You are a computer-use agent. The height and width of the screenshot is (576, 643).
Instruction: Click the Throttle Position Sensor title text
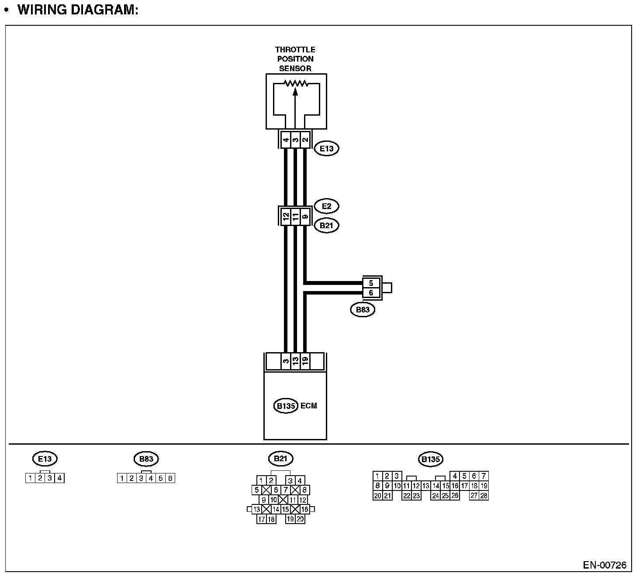(295, 59)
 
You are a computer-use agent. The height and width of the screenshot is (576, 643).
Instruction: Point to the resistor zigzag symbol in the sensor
(296, 83)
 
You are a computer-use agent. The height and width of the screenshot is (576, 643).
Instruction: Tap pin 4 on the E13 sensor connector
(286, 140)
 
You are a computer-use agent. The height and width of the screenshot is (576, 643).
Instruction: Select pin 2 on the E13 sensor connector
(305, 140)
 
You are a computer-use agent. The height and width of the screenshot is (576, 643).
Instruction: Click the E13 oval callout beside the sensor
(326, 148)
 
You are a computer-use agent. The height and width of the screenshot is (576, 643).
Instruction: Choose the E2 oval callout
(326, 206)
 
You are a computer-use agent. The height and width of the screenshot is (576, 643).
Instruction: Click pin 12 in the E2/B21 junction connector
(286, 216)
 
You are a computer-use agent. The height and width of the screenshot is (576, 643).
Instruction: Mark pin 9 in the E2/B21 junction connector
(305, 216)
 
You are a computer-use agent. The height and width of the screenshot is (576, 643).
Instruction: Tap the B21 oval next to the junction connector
(326, 226)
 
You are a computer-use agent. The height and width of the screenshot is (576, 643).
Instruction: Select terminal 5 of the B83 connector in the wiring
(371, 283)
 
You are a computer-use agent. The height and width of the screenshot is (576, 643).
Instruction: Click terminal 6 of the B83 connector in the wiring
(371, 293)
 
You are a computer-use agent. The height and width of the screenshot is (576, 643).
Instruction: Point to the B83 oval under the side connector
(363, 310)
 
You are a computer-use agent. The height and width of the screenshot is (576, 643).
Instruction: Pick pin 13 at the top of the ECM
(295, 361)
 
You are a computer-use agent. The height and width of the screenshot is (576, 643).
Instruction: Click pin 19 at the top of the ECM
(305, 361)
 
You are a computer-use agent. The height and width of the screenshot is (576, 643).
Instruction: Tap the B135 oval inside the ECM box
(286, 406)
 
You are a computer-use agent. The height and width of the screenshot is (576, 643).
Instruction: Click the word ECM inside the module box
(309, 406)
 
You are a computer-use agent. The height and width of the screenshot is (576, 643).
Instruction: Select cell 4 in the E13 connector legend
(59, 478)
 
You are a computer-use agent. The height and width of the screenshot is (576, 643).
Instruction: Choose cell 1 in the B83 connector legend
(122, 478)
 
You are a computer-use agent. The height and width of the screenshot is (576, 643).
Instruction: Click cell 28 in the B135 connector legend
(484, 496)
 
